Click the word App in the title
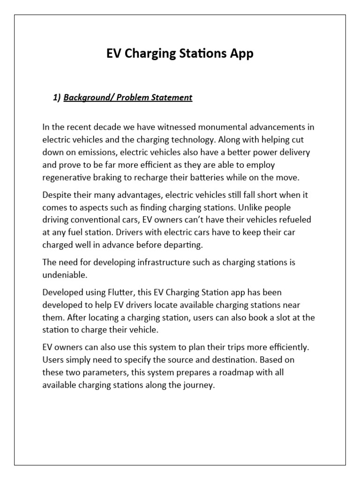pos(241,54)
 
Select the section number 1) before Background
pos(57,97)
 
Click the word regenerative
pos(68,178)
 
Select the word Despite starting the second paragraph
pos(56,195)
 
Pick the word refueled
pos(294,220)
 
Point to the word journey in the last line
pos(199,386)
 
